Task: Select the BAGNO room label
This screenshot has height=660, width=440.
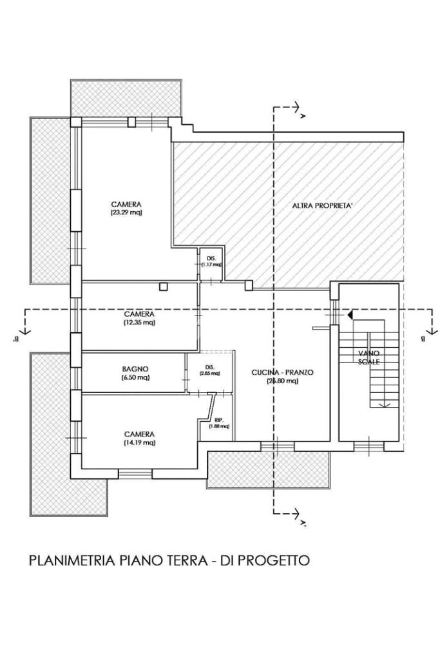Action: [135, 369]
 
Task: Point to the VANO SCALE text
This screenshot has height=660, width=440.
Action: [369, 357]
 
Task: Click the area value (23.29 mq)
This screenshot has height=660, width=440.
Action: [126, 212]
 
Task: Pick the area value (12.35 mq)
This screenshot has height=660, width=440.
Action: [139, 322]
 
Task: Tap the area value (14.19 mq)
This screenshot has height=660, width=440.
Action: [139, 442]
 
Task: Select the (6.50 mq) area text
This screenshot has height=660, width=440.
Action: [135, 377]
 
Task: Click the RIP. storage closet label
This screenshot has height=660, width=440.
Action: [219, 419]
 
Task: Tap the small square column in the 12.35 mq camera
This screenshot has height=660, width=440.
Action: [164, 286]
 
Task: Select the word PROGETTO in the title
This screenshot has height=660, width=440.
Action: [273, 560]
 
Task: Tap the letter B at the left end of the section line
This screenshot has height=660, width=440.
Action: [13, 337]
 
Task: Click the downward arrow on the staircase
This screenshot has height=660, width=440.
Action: [385, 404]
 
